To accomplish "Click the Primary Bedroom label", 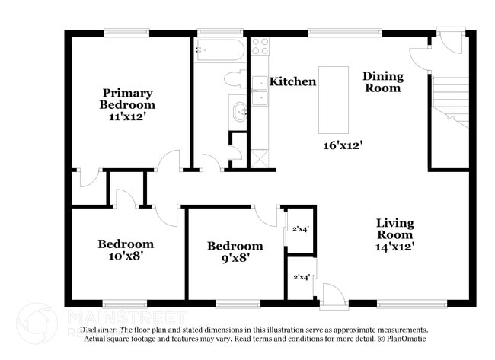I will click(129, 98).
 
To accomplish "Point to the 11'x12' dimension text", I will click(129, 116).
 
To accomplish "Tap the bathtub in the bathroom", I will click(219, 51).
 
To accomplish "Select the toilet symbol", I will click(234, 79).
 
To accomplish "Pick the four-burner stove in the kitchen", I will click(260, 47).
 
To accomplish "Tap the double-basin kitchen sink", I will click(260, 89).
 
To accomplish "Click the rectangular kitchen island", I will click(333, 99).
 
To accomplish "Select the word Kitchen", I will click(292, 81).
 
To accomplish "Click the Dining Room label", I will click(382, 81).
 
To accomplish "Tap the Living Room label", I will click(395, 228).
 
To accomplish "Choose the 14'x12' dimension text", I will click(395, 247).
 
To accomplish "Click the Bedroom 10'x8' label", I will click(126, 250).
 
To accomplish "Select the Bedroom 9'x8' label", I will click(235, 251).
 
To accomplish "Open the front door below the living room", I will click(332, 297).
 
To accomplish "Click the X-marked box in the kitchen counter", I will click(260, 158).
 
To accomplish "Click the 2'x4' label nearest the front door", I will click(301, 277).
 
